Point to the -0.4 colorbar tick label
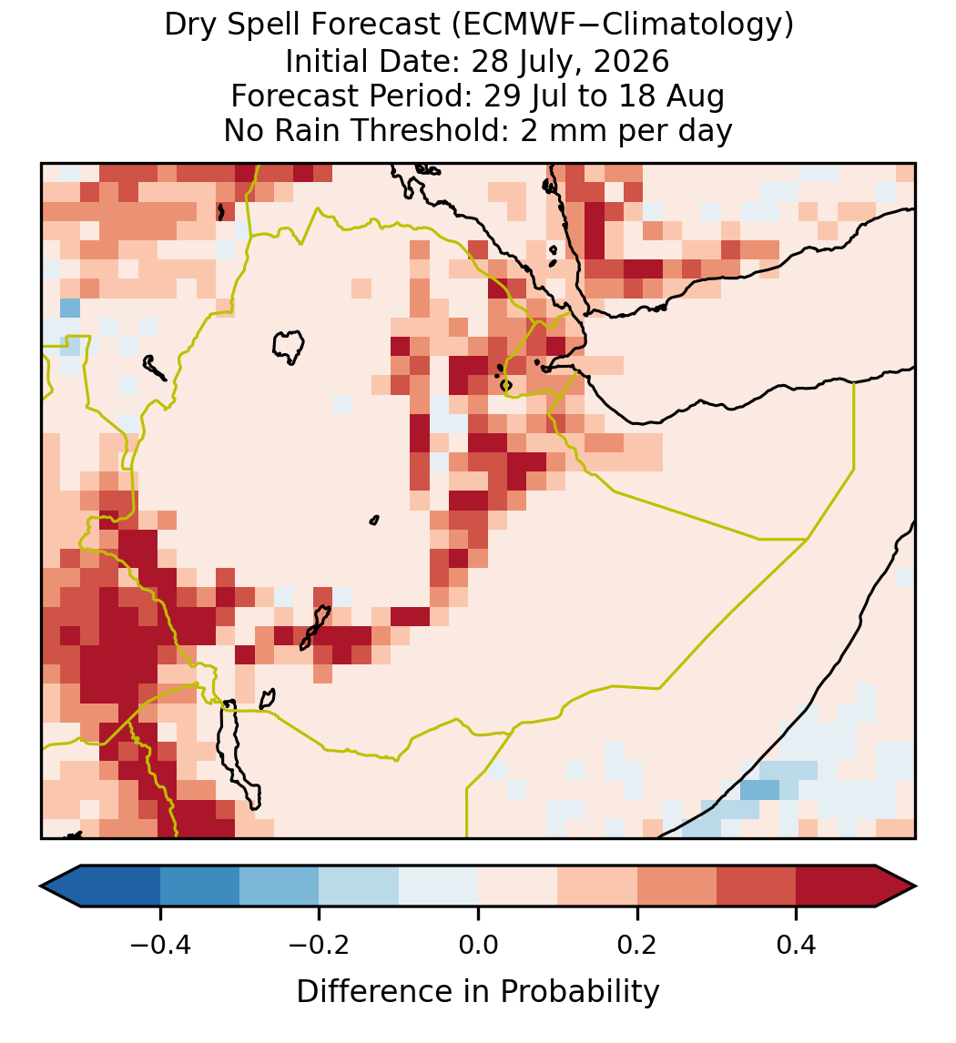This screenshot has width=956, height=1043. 160,944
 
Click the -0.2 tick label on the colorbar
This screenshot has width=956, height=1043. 319,944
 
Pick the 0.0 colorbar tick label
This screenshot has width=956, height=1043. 478,944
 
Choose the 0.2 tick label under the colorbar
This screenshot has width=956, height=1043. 637,944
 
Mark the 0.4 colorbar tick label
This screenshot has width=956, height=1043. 797,944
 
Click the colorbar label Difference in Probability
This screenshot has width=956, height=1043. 478,991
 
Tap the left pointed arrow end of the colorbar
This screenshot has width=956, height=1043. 60,886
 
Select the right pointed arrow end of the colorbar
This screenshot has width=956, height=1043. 897,886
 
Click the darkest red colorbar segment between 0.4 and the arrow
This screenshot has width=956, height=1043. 836,886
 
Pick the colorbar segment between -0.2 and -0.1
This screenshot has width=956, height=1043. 359,886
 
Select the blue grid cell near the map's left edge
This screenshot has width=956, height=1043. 70,309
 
